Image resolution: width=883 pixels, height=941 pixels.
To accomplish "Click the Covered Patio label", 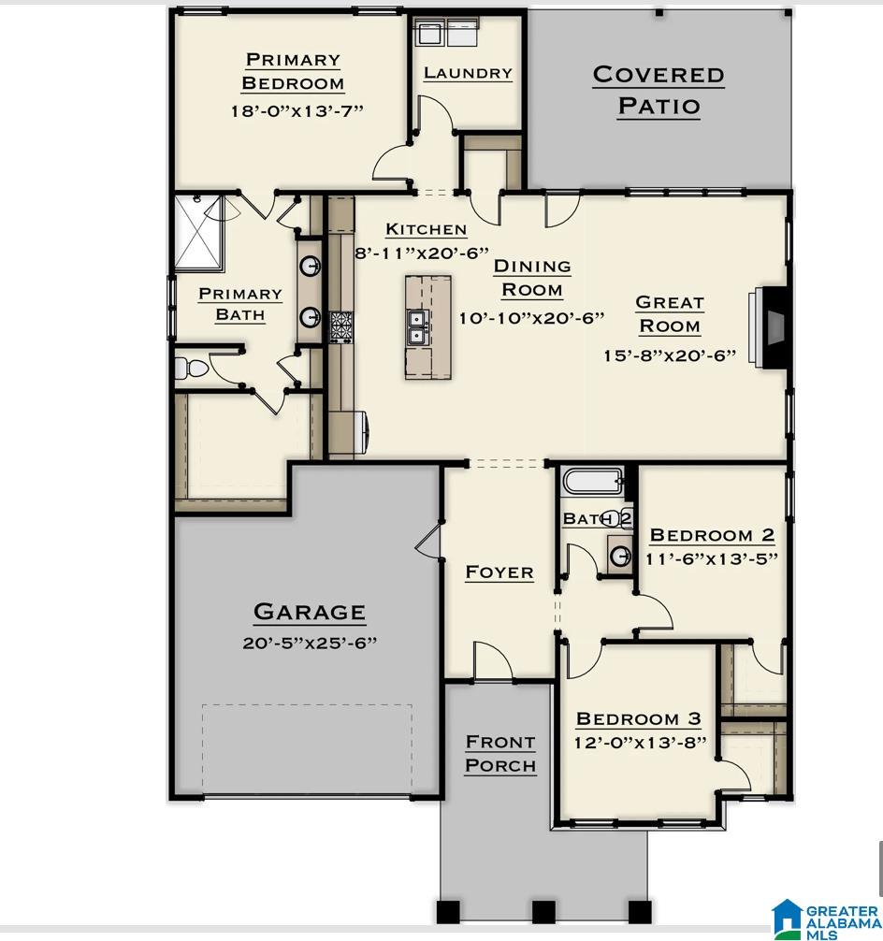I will [x=659, y=90].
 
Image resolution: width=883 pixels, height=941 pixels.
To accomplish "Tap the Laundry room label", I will [x=468, y=73].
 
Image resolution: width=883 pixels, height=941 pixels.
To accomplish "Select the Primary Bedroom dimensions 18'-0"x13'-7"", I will [x=297, y=110].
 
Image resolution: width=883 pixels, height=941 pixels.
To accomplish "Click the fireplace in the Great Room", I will [x=770, y=326].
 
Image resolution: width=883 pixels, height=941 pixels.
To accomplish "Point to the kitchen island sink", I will [x=416, y=327].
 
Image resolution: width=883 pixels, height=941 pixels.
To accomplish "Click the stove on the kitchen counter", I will [x=340, y=326].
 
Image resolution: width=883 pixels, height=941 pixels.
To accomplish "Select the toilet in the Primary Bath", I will [x=191, y=369].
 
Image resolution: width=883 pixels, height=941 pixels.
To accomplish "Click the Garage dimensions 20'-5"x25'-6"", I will [x=310, y=643].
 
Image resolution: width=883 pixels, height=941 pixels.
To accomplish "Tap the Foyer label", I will [x=499, y=572].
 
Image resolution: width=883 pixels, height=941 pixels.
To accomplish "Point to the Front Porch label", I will [x=500, y=753].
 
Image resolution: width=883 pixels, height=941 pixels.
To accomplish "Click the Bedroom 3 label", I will [x=638, y=718].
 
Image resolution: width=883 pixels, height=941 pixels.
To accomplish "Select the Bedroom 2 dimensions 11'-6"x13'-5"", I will [x=712, y=558].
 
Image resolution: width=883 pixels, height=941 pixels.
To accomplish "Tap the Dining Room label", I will [x=532, y=278].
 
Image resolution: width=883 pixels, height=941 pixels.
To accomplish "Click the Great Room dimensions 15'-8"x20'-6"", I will [x=670, y=355].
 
